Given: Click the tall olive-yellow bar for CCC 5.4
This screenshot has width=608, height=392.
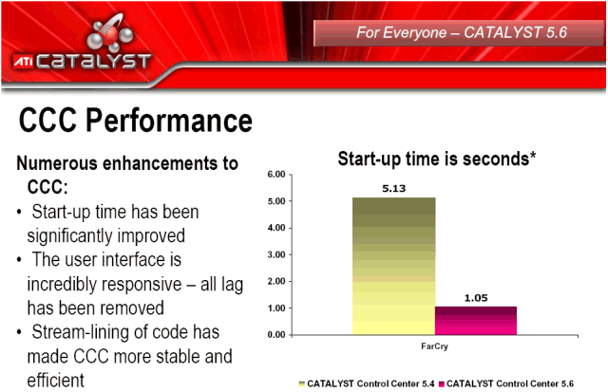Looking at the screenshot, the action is click(393, 266).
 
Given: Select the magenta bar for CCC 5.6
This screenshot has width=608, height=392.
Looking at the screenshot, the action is click(476, 321).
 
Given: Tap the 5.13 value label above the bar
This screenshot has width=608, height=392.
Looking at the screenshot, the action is click(393, 189).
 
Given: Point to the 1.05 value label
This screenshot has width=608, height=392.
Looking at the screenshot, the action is click(476, 298).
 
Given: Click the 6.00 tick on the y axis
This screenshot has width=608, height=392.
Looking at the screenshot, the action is click(276, 175).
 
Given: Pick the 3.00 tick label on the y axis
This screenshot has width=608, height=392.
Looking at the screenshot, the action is click(276, 255).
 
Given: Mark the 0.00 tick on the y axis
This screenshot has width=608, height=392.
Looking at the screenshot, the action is click(276, 335).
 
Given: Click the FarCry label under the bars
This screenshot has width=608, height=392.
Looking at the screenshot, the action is click(434, 346).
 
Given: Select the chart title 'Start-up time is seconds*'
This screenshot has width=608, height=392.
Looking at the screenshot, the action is click(437, 159).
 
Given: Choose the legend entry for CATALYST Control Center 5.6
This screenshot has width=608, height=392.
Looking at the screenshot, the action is click(506, 383).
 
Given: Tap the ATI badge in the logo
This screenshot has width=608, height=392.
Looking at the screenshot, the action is click(23, 61).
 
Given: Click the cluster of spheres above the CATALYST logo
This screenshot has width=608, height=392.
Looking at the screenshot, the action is click(110, 33).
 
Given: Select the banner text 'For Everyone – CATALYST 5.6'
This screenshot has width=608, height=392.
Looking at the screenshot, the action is click(462, 32).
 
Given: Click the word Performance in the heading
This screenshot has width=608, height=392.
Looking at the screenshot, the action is click(169, 121).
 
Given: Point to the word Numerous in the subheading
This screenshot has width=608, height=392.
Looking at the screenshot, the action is click(57, 163).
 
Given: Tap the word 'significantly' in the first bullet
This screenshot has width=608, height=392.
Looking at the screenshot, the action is click(69, 236).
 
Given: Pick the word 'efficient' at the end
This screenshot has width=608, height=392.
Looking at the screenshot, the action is click(55, 381).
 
